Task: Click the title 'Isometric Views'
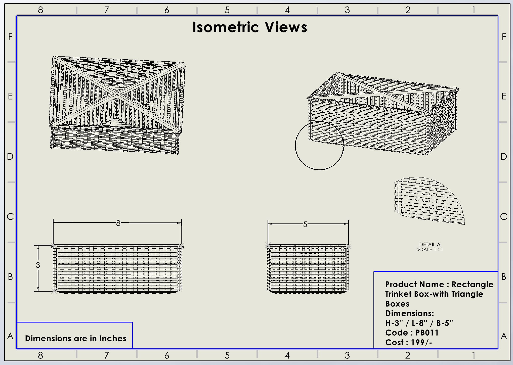pos(249,27)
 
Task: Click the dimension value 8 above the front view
pos(118,223)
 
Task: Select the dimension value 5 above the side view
pos(305,224)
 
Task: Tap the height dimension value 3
pos(38,265)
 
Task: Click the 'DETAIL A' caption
pos(430,244)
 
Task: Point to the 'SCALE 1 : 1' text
pos(430,250)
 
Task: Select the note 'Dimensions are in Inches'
pos(75,338)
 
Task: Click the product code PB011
pos(427,333)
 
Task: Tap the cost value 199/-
pos(421,342)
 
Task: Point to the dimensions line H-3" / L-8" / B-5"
pos(419,323)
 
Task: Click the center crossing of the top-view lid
pos(117,94)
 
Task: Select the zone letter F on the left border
pos(10,37)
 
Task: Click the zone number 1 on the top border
pos(474,10)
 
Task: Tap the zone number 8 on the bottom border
pos(40,355)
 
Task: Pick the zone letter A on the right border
pos(504,336)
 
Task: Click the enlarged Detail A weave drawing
pos(429,201)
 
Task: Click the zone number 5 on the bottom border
pos(227,355)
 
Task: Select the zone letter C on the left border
pos(10,216)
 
